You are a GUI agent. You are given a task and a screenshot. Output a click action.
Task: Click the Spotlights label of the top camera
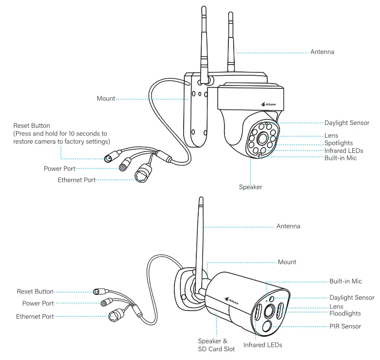pyautogui.click(x=338, y=143)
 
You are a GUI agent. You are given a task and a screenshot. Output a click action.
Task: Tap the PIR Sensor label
pyautogui.click(x=345, y=326)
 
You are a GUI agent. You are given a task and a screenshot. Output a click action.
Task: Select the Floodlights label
pyautogui.click(x=345, y=313)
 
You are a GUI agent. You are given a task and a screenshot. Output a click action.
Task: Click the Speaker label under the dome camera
pyautogui.click(x=250, y=187)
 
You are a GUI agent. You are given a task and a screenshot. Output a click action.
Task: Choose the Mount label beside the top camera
pyautogui.click(x=106, y=99)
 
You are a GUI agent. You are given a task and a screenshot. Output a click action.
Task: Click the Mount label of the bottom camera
pyautogui.click(x=287, y=262)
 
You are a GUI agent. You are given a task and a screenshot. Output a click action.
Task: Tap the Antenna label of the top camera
pyautogui.click(x=322, y=52)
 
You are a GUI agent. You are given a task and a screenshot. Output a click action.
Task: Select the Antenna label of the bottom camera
pyautogui.click(x=288, y=226)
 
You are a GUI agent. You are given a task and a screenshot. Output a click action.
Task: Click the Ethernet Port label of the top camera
pyautogui.click(x=76, y=180)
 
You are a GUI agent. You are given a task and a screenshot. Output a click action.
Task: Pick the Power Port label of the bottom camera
pyautogui.click(x=38, y=304)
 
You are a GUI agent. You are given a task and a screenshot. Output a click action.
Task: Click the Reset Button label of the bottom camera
pyautogui.click(x=35, y=291)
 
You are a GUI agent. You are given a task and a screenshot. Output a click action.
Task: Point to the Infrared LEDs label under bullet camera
pyautogui.click(x=262, y=345)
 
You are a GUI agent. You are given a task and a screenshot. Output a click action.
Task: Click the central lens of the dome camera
pyautogui.click(x=265, y=139)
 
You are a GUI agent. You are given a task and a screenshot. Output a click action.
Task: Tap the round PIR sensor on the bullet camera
pyautogui.click(x=267, y=326)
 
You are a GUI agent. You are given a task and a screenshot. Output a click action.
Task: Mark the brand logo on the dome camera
pyautogui.click(x=269, y=103)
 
